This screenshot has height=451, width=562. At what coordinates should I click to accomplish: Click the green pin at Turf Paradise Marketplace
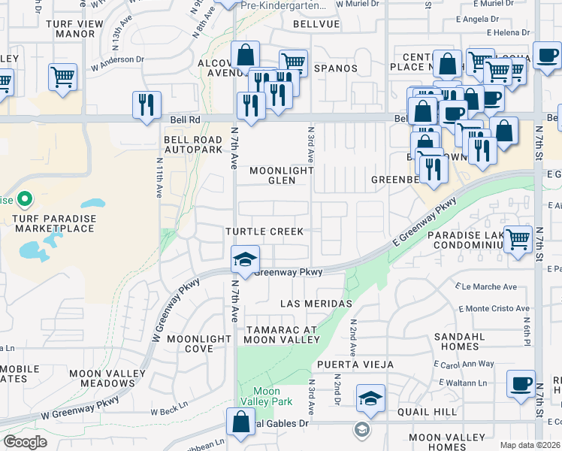pos(24,199)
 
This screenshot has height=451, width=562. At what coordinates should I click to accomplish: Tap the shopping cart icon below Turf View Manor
pos(63,77)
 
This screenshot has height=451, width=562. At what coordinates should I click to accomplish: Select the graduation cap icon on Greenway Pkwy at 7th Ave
pos(244,260)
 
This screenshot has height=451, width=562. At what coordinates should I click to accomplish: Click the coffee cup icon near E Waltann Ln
pos(521,383)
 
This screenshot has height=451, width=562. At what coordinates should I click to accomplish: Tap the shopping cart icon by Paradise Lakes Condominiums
pos(518,241)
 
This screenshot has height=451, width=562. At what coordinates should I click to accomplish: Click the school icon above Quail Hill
pos(370,398)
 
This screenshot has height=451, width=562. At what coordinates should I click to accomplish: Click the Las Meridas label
pos(316,304)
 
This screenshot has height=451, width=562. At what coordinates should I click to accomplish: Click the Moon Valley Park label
pos(266,396)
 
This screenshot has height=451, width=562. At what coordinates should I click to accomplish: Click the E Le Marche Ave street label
pos(489,286)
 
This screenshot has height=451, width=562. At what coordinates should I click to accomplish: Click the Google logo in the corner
pos(26,442)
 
